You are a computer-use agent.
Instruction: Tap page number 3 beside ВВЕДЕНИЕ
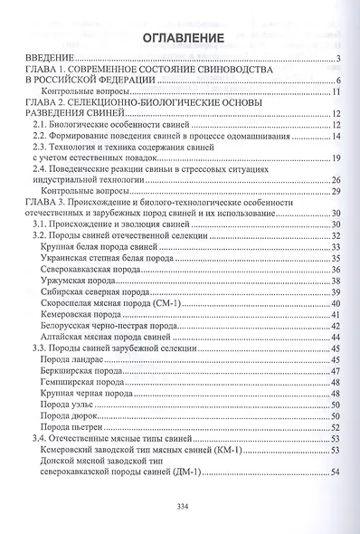tap(336, 60)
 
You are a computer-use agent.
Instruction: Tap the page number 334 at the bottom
tap(179, 507)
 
